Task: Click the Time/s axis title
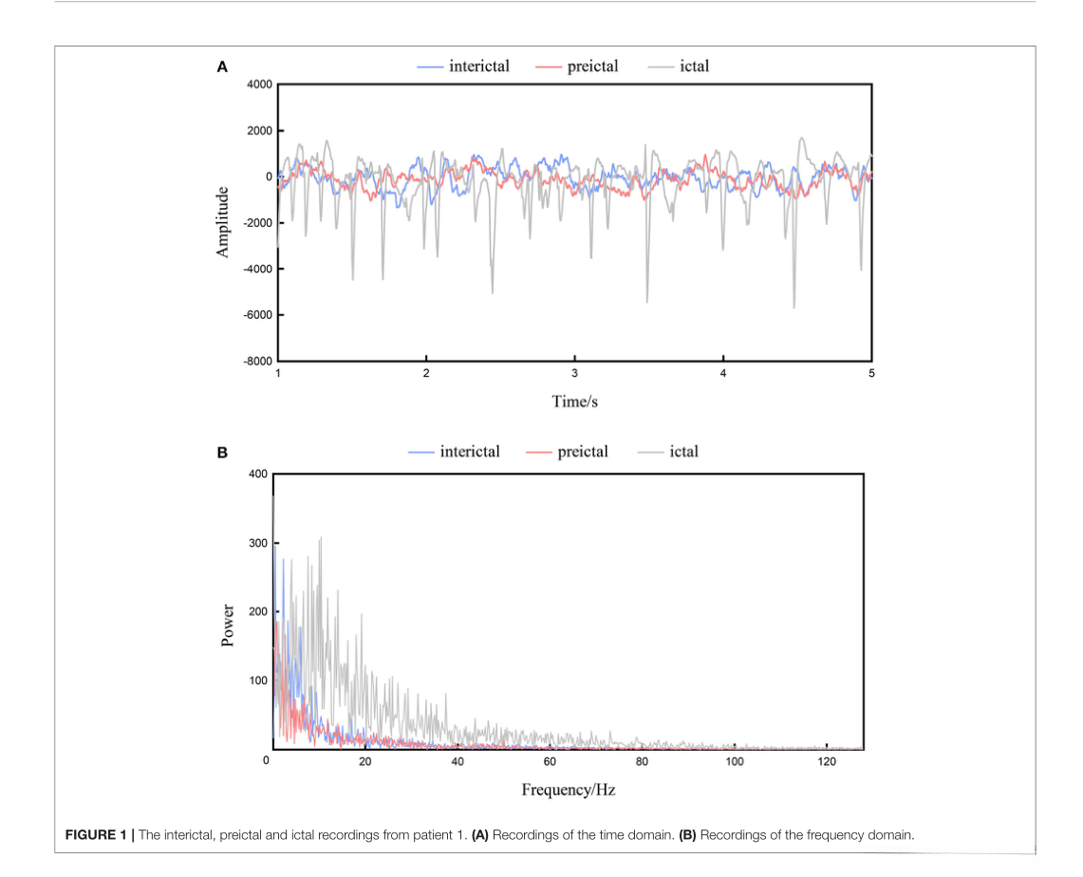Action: point(574,401)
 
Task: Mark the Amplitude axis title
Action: point(223,221)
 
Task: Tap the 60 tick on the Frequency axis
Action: point(550,763)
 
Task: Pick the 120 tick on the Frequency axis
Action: point(827,763)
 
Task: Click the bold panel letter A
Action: point(222,67)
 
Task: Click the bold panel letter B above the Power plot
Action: point(222,453)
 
